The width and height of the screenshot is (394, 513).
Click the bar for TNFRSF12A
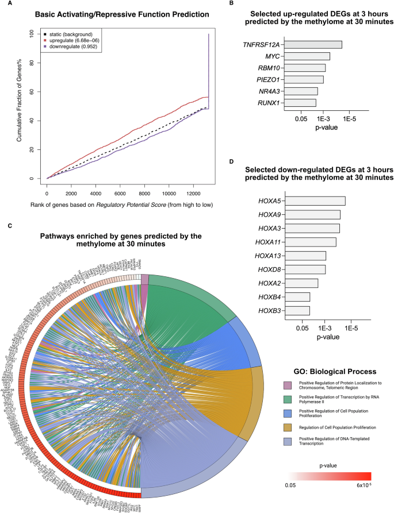coord(313,45)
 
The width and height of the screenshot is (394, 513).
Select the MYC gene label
coord(273,56)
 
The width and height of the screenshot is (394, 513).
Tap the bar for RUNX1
coord(300,103)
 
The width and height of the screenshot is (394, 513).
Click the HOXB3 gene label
coord(269,311)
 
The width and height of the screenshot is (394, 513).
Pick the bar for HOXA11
coord(310,242)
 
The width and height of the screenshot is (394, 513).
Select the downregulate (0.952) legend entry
coord(81,48)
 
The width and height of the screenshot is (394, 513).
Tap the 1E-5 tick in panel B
coord(351,118)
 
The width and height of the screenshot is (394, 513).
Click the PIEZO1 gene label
coord(268,79)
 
